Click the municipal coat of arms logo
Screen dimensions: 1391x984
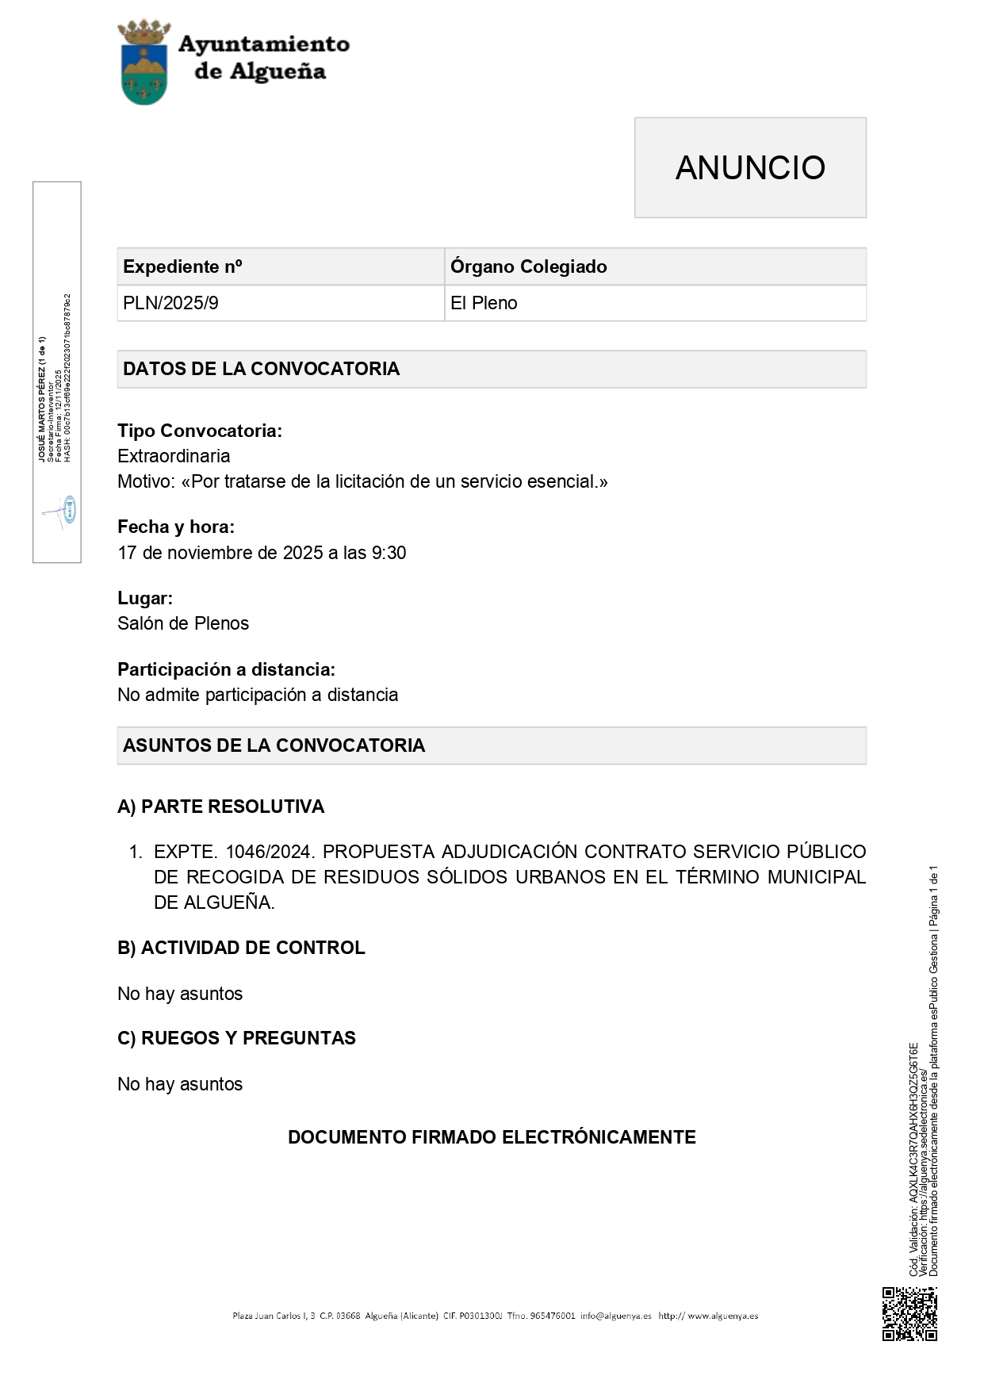[144, 63]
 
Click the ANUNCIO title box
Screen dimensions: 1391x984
[749, 167]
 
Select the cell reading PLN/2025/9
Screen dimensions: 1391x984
[170, 303]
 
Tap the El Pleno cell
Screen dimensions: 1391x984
[484, 303]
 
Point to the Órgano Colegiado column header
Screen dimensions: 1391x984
[528, 266]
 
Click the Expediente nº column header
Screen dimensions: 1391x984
[182, 266]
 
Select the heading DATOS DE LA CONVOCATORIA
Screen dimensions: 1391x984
[261, 369]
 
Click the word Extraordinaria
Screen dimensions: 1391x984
[174, 456]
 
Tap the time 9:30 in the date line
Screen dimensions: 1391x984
[389, 553]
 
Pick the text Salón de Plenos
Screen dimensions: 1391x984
[183, 623]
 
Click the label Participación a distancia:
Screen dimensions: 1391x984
[226, 669]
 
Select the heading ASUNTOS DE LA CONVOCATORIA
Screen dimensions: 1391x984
[274, 745]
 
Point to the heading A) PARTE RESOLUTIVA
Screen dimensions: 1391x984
[220, 807]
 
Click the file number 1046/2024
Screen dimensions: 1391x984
[270, 852]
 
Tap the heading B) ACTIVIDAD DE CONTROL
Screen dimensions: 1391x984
[241, 948]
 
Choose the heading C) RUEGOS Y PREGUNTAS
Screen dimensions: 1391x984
[236, 1038]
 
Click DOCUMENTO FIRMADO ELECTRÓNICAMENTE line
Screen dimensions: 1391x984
[492, 1137]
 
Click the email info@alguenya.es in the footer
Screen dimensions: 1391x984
[615, 1316]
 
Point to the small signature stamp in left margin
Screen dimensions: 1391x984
[63, 511]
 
